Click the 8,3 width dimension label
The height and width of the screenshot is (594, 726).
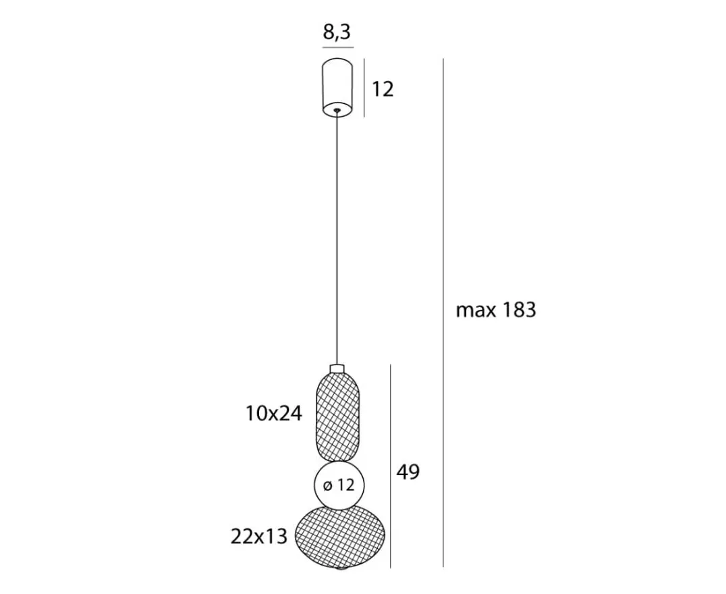coord(337,32)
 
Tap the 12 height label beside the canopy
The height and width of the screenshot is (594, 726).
coord(383,89)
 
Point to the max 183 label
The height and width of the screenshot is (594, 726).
coord(496,310)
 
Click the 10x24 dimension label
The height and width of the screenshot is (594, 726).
coord(274,413)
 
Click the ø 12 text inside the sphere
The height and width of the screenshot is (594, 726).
coord(339,485)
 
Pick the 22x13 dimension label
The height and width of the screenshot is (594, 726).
coord(259,536)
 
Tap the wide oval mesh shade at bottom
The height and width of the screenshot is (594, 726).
coord(340,537)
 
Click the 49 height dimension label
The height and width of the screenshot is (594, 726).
coord(408,472)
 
